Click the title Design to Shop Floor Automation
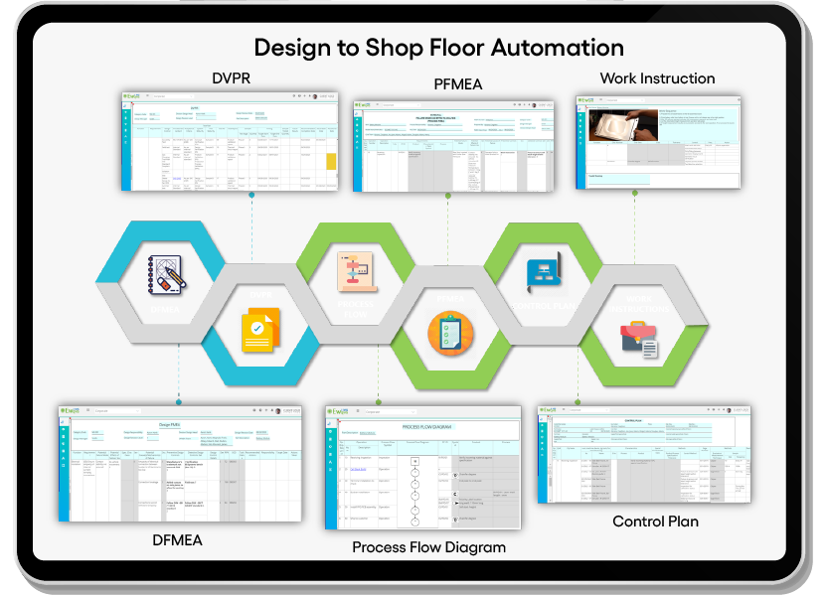438,48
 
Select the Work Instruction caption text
657,78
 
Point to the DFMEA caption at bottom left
178,539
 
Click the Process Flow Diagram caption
428,547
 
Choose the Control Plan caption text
655,521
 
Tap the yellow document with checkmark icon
260,331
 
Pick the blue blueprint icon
543,272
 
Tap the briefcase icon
637,339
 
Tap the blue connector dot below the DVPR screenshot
250,195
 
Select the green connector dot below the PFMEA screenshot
447,196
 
